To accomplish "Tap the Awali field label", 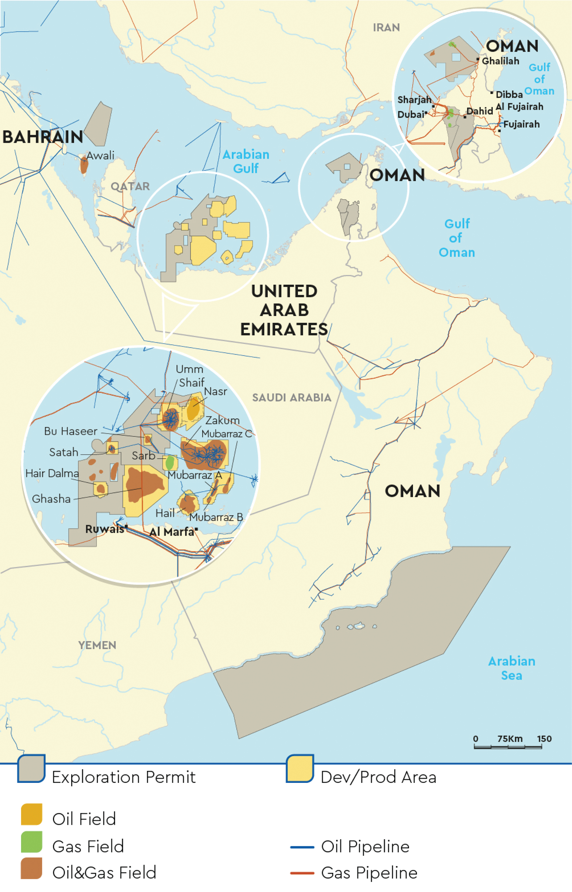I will click(100, 156).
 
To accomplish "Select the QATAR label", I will click(130, 186).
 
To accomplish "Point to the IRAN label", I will click(386, 28).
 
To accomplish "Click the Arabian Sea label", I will click(511, 668).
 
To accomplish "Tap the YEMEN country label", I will click(97, 645).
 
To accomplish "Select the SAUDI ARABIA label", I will click(291, 398).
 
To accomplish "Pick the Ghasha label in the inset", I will click(51, 499).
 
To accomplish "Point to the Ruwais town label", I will click(104, 529).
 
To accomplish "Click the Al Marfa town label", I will click(172, 532).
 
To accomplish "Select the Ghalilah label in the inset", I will click(500, 61).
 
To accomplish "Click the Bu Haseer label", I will click(70, 431).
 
